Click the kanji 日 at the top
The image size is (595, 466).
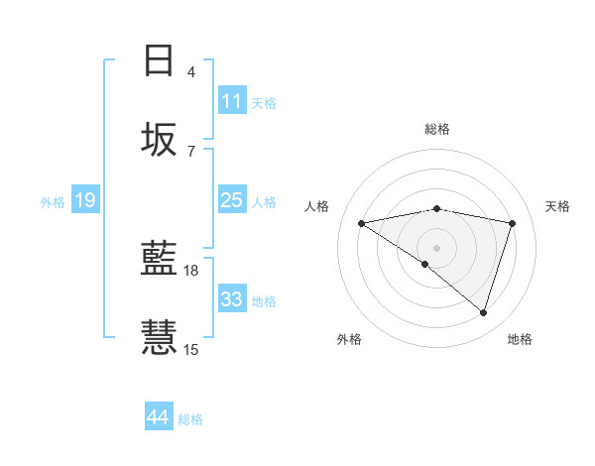[159, 60]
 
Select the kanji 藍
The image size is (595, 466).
[159, 260]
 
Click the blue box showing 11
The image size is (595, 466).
[232, 101]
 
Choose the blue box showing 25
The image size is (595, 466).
[232, 200]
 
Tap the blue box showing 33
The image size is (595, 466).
[232, 299]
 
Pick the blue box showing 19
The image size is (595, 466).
[84, 200]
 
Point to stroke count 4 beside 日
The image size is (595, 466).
[191, 71]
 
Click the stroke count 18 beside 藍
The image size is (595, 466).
[191, 270]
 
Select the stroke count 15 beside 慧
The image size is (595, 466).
[191, 349]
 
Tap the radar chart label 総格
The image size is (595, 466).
[437, 129]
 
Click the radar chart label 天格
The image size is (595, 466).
[557, 206]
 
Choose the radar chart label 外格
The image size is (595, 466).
[349, 339]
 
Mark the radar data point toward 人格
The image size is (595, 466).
[362, 223]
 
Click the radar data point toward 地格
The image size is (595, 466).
[483, 312]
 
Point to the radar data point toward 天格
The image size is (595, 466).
[513, 223]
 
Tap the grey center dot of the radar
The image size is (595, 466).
[437, 247]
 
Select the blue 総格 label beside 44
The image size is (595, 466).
[190, 419]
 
